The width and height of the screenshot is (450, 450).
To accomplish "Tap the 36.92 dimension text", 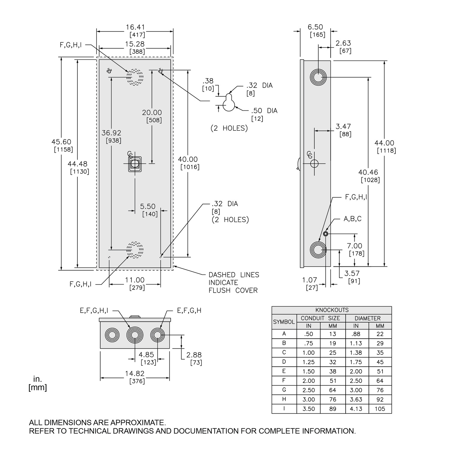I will [112, 133].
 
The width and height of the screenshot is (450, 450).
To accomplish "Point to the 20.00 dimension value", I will [152, 112].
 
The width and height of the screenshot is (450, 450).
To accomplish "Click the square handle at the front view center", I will [134, 163].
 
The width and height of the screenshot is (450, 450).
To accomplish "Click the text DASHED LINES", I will [234, 275].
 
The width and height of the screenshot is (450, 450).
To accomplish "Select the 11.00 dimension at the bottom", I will [135, 280].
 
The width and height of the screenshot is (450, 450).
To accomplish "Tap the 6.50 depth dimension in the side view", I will [315, 27].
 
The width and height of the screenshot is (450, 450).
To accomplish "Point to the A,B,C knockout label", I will [352, 219].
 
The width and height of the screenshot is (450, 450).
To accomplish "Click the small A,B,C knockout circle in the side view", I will [326, 234].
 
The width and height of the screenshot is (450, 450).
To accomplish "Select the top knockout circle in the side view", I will [318, 77].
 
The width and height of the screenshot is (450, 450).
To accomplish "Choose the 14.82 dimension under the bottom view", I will [135, 373].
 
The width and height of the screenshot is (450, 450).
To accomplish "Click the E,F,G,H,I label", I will [94, 311].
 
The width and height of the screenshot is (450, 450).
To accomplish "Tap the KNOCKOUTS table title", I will [332, 310].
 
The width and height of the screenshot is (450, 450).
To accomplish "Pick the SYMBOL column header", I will [284, 322].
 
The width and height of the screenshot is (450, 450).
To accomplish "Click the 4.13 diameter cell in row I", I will [356, 409].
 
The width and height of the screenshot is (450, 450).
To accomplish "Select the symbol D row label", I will [284, 362].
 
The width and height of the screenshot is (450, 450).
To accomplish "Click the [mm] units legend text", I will [38, 388].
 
